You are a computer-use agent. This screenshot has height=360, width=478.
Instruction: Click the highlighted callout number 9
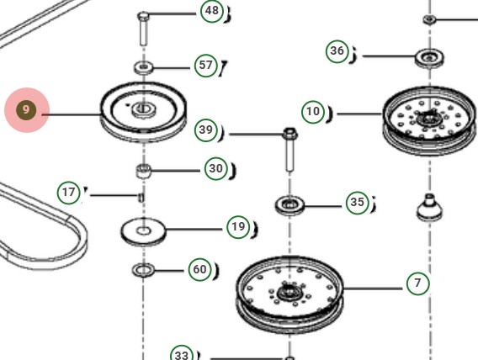[26, 110]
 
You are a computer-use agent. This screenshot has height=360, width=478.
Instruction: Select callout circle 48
[212, 12]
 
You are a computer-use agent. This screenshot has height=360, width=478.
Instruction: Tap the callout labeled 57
[206, 65]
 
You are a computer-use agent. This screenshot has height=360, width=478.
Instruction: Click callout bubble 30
[216, 169]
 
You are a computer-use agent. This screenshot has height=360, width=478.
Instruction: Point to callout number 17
[69, 193]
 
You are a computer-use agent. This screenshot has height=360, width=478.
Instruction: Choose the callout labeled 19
[238, 226]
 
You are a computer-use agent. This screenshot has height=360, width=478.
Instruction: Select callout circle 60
[199, 270]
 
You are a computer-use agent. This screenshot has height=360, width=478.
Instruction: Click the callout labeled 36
[337, 52]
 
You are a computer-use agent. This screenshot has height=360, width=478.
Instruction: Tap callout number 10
[313, 111]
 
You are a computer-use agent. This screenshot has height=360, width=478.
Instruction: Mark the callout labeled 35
[358, 203]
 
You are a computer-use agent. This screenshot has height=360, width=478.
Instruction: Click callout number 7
[418, 283]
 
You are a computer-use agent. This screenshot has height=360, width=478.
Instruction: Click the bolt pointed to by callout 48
[143, 31]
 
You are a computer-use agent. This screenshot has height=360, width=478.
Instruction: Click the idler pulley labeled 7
[290, 292]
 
